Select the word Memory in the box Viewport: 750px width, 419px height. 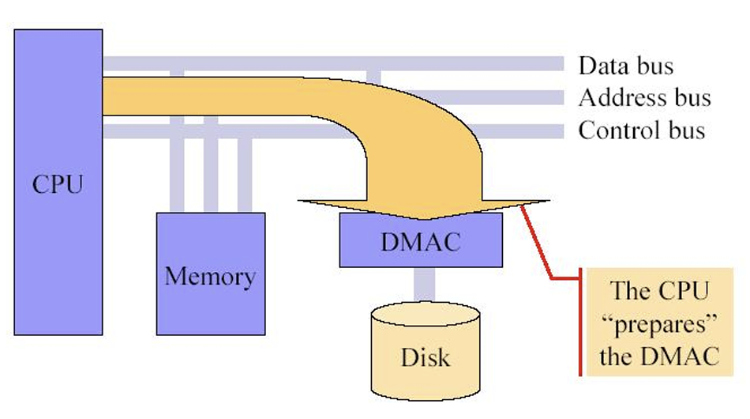point(209,277)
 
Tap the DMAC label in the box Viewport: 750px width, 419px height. point(420,241)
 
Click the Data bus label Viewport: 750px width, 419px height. point(626,65)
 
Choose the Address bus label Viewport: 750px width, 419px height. point(644,97)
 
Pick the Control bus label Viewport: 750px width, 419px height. point(641,129)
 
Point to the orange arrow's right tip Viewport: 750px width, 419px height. point(546,202)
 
